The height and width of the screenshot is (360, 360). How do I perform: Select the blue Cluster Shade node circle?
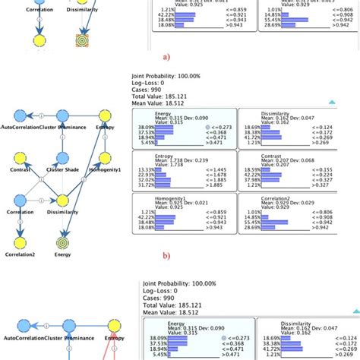click(x=62, y=159)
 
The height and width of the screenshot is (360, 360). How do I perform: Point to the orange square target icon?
click(x=82, y=39)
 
